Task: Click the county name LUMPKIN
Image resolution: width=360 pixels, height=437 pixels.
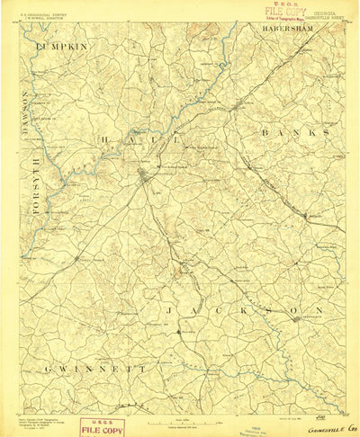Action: (62, 44)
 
